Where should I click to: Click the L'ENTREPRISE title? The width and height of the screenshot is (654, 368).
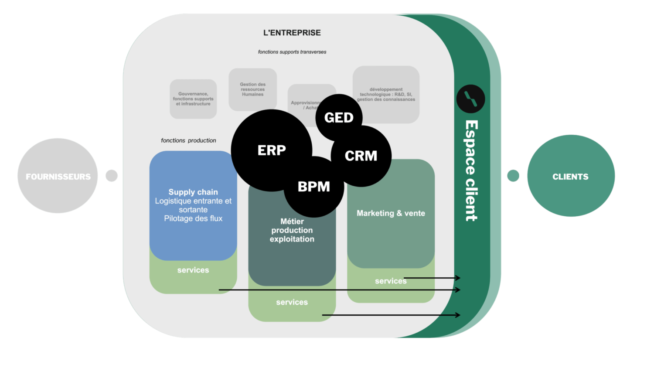click(x=292, y=33)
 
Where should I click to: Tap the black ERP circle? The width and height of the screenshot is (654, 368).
click(x=271, y=150)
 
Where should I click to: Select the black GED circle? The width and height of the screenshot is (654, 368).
click(x=339, y=117)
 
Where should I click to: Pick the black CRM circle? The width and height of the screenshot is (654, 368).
click(x=361, y=156)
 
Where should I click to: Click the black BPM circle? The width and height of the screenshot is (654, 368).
click(x=313, y=187)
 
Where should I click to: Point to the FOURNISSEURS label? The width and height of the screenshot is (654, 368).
click(x=58, y=177)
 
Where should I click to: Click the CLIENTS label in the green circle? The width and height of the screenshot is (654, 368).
click(x=570, y=177)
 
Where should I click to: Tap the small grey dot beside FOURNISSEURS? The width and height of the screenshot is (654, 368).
click(x=112, y=176)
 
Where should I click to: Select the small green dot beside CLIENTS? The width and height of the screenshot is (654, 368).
click(x=513, y=176)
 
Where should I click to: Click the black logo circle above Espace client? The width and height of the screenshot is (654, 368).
click(x=470, y=99)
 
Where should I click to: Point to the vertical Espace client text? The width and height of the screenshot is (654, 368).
click(x=471, y=170)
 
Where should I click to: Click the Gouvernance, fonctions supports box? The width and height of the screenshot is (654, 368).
click(x=193, y=99)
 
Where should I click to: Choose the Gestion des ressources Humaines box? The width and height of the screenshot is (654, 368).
click(x=253, y=89)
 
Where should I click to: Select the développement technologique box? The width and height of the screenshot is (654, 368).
click(x=386, y=94)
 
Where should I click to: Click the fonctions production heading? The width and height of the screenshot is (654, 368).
click(x=188, y=140)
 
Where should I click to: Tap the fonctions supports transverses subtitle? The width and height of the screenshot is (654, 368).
click(x=292, y=52)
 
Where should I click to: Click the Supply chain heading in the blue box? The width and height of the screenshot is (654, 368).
click(x=193, y=192)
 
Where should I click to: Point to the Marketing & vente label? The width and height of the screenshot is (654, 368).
click(x=391, y=213)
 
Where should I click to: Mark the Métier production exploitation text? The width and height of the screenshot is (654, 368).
click(x=292, y=230)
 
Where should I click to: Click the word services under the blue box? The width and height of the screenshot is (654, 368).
click(x=193, y=270)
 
